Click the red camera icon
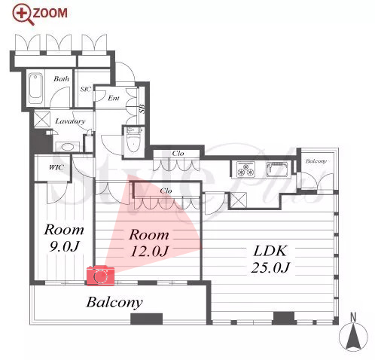[x=100, y=276]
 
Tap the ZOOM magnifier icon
[x=23, y=14]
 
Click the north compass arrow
[x=353, y=337]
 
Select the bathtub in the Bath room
[x=35, y=88]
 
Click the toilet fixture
[x=134, y=142]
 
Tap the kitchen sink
[x=278, y=169]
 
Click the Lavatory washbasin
[x=67, y=147]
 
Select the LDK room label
[x=270, y=251]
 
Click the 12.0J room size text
[x=150, y=251]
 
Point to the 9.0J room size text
[x=65, y=246]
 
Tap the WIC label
[x=56, y=167]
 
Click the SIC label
[x=86, y=89]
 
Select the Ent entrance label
[x=114, y=98]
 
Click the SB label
[x=142, y=108]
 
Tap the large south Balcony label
[x=114, y=302]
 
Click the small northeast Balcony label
[x=316, y=161]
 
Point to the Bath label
[x=61, y=78]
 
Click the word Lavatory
[x=70, y=121]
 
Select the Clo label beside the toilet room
[x=178, y=153]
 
